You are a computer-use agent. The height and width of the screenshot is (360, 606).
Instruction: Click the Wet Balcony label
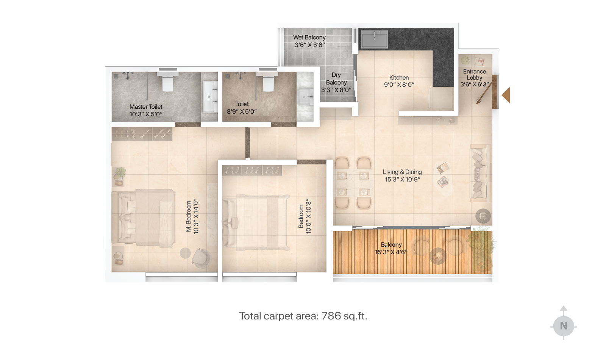point(309,38)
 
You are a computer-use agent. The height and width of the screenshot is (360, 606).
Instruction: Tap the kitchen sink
point(375,39)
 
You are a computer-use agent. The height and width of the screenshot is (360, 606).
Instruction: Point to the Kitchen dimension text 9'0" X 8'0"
point(399,85)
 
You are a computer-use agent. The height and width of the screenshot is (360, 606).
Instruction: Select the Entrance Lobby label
point(475,74)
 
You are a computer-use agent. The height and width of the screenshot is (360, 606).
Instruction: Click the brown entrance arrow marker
point(506,95)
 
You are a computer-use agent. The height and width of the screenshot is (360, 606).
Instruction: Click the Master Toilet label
point(146,106)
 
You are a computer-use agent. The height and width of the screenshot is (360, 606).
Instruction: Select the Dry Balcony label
point(336,78)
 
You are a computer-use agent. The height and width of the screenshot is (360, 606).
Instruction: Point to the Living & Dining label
point(402,172)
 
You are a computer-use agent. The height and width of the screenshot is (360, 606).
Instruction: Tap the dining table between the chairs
point(353,184)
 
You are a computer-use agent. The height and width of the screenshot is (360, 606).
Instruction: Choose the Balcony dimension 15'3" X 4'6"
point(391,252)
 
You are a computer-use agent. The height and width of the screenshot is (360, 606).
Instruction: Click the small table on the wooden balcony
point(438,256)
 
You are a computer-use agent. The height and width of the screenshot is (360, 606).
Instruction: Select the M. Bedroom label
point(189,216)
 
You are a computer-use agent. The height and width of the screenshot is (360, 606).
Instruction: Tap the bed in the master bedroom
point(144,218)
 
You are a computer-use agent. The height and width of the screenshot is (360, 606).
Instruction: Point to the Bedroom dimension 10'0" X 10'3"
point(308,216)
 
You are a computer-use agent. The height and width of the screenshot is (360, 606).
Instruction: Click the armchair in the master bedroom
point(201,258)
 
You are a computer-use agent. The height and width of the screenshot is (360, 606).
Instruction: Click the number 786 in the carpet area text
point(331,316)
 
